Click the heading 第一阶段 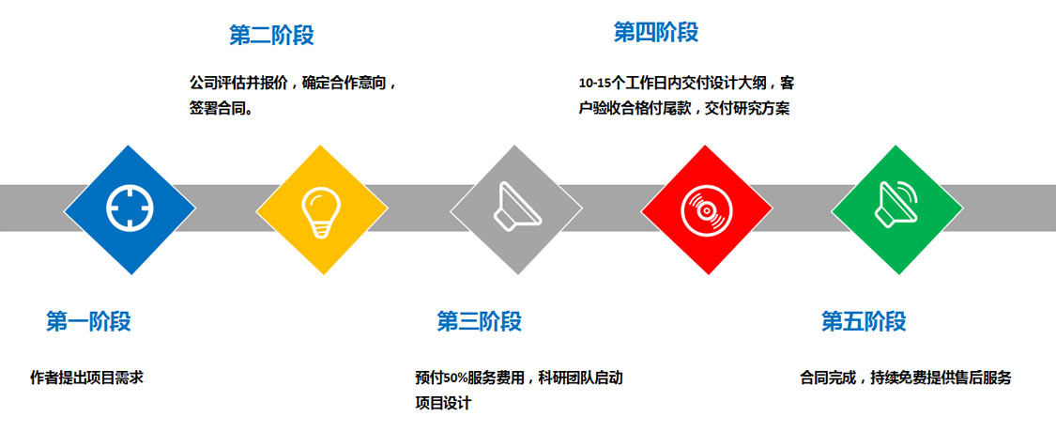(x=88, y=321)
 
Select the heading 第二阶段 (x=271, y=35)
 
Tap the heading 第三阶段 (x=479, y=321)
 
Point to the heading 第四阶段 (x=656, y=32)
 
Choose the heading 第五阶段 (x=864, y=321)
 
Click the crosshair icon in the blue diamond (x=130, y=208)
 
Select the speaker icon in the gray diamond (x=516, y=207)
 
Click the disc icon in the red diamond (x=706, y=209)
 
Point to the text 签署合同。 (x=222, y=109)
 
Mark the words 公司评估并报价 (x=239, y=84)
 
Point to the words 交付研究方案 (x=747, y=109)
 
